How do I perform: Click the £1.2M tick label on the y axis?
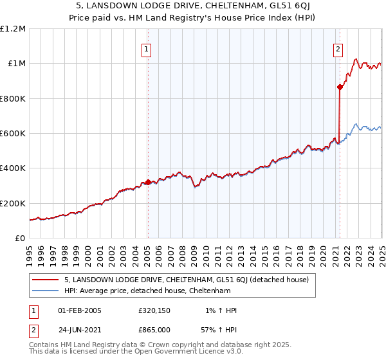pos(13,28)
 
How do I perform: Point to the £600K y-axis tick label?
pos(13,133)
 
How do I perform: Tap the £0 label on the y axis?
pos(20,238)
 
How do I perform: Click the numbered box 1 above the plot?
pos(147,49)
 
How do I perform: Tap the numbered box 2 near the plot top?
pos(338,49)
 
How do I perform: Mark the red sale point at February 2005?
pos(147,182)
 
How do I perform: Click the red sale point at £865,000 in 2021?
pos(339,87)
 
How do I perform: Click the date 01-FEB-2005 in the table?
pos(80,310)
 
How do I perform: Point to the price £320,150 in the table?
pos(154,310)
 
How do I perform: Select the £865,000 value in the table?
pos(154,330)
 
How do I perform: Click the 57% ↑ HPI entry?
pos(221,330)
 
